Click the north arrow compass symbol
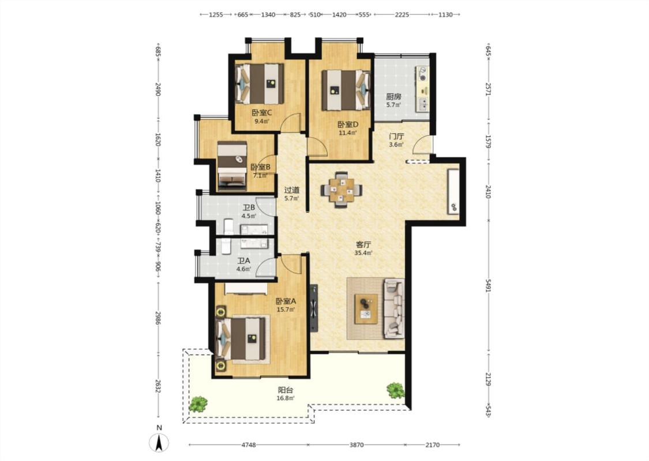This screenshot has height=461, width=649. pos(159,443)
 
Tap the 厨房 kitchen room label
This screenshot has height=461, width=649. pos(393,97)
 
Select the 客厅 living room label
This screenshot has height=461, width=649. pos(363,245)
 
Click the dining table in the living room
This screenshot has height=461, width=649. pos(342,190)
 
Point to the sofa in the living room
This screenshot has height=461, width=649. pos(394,308)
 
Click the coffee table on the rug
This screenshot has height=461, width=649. pos(366,309)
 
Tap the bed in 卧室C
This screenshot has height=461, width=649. pos(260,84)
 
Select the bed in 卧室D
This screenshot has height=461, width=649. pos(346,90)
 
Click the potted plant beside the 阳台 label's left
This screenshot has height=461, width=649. pos(198,404)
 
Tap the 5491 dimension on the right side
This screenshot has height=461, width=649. pos(489,285)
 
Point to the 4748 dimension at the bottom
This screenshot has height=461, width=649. pos(248,445)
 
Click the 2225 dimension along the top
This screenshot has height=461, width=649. pos(402,14)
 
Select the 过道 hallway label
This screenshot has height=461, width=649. pos(292,190)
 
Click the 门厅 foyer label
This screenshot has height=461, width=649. pos(396,137)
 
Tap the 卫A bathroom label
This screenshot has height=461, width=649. pos(244,261)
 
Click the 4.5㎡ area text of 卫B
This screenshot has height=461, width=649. pos(249,216)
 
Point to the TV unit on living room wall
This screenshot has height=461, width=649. pos(314,308)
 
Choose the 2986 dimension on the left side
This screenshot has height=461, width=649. pos(157,317)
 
